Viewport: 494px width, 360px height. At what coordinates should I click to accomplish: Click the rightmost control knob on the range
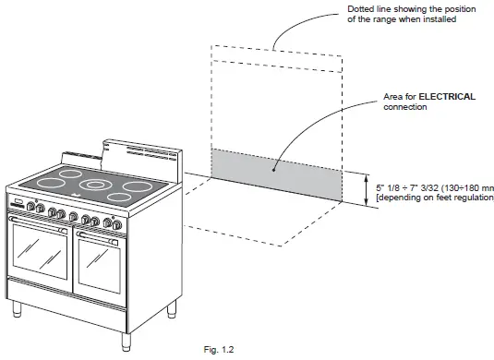tap(116, 224)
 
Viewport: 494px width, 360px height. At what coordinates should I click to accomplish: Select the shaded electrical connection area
tap(277, 174)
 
